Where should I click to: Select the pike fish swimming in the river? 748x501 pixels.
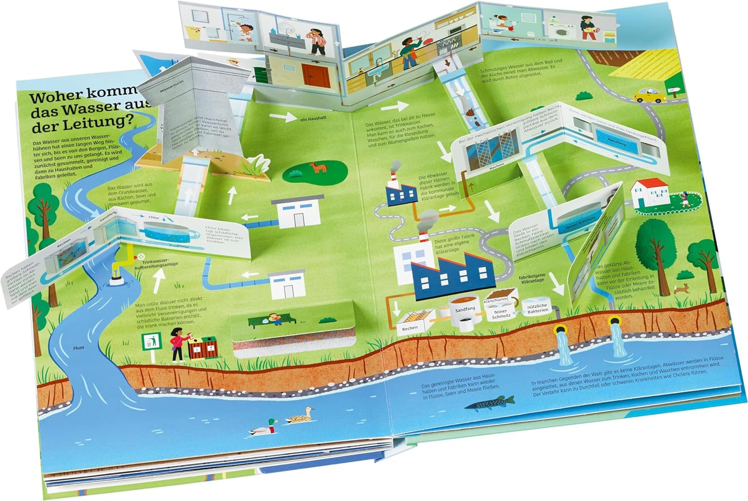coord(490,402)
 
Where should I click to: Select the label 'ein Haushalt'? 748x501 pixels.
coord(312,119)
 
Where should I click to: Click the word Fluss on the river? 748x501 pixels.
coord(79,348)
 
